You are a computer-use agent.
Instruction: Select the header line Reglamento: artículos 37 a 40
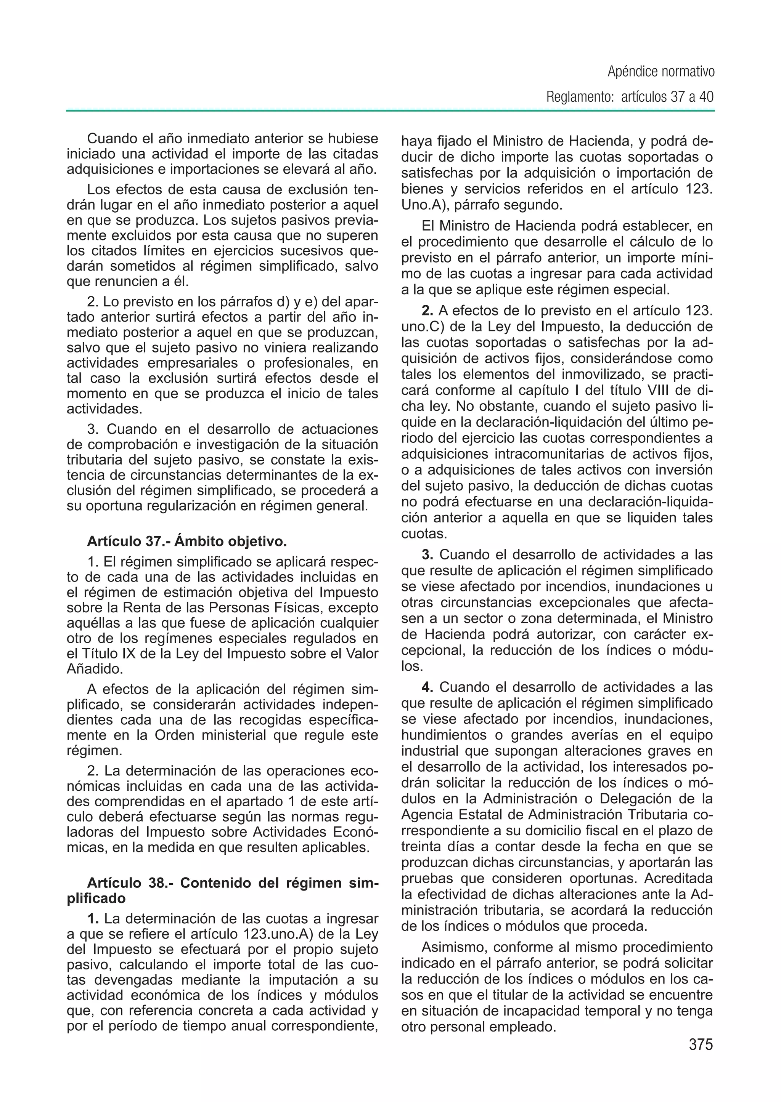630,97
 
